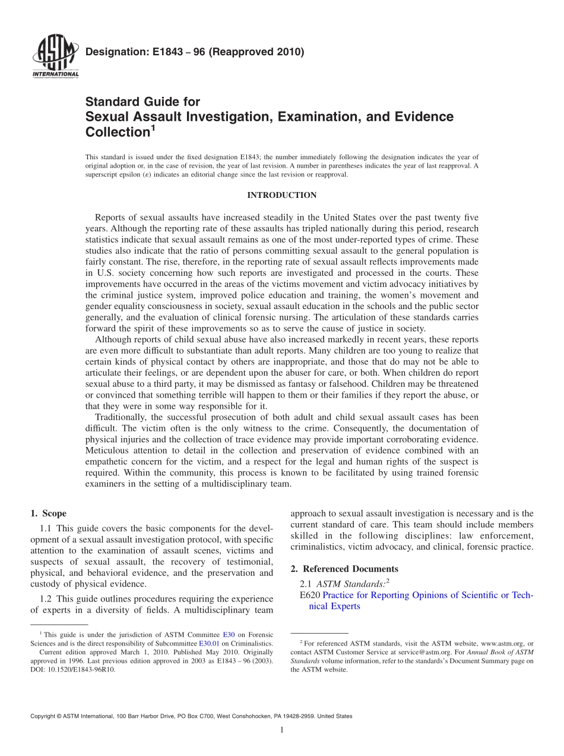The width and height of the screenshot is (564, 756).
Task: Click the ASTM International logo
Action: pyautogui.click(x=55, y=58)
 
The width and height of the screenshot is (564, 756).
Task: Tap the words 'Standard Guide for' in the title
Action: pyautogui.click(x=142, y=102)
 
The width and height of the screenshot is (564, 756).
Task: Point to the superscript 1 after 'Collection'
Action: pyautogui.click(x=153, y=127)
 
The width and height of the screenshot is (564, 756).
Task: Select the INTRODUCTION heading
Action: pyautogui.click(x=281, y=196)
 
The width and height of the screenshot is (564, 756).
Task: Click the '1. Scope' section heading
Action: pyautogui.click(x=48, y=514)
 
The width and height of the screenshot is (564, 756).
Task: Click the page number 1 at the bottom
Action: pyautogui.click(x=282, y=730)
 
